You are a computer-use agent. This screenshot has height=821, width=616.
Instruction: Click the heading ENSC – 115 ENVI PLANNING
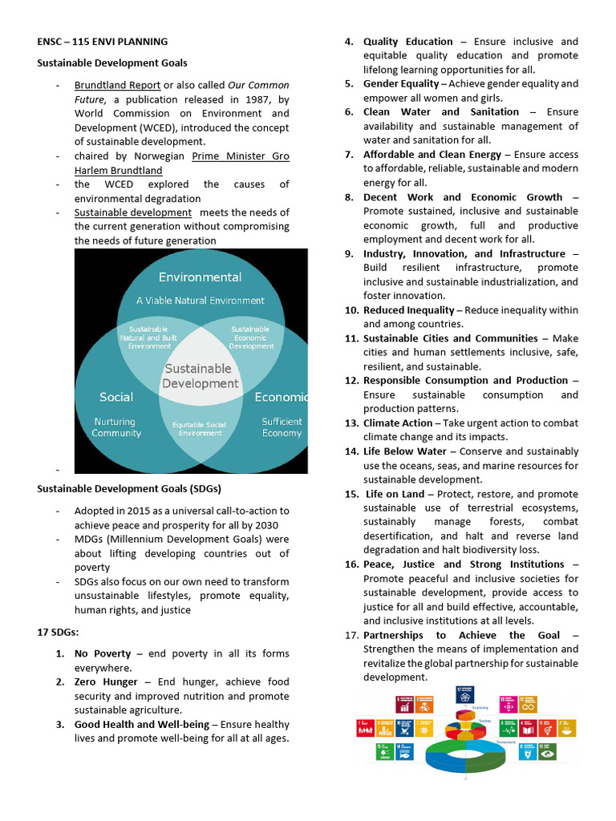(103, 41)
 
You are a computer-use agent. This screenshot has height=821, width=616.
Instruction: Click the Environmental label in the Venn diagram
(200, 277)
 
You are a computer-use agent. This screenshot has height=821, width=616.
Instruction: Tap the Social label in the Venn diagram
(116, 397)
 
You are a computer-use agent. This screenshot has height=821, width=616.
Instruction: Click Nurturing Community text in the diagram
(116, 427)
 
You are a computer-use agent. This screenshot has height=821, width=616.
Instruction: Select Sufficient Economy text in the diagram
(282, 427)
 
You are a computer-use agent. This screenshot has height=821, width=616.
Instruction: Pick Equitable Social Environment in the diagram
(200, 429)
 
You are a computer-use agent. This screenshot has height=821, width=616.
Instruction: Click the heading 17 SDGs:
(59, 633)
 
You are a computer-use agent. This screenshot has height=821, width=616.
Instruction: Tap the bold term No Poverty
(103, 654)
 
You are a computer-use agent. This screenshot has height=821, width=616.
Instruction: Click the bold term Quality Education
(407, 42)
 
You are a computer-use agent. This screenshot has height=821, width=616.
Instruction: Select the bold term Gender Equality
(401, 84)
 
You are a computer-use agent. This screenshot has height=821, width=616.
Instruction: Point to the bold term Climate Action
(397, 423)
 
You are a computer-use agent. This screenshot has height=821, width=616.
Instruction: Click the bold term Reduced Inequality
(409, 310)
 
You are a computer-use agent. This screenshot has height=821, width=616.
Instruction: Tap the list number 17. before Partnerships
(351, 635)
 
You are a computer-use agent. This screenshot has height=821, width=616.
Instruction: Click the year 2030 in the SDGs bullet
(276, 525)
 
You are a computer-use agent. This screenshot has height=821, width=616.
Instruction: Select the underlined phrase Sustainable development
(133, 212)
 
